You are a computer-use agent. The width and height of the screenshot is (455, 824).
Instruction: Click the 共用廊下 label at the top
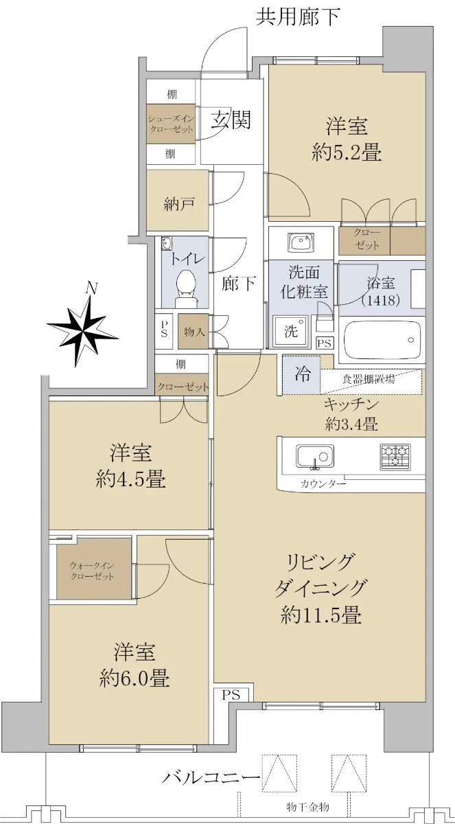298,17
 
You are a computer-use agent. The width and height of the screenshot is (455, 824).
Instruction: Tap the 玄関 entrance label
231,119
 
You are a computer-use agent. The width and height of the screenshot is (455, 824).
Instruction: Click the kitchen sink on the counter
315,457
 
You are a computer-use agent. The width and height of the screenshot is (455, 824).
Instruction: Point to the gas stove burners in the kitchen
395,457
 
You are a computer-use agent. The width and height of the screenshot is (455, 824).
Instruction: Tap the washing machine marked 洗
291,331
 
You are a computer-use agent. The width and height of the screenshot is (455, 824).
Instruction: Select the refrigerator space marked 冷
302,374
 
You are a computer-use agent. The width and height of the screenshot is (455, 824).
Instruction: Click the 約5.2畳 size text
347,152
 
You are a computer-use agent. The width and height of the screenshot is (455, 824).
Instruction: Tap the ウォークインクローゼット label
92,571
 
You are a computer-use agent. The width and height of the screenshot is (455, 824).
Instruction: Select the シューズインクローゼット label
171,124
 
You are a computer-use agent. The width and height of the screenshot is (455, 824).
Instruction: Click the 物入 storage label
194,332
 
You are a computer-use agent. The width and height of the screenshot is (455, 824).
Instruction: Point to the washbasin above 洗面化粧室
301,242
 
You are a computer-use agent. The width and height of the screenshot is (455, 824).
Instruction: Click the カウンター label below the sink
323,483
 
